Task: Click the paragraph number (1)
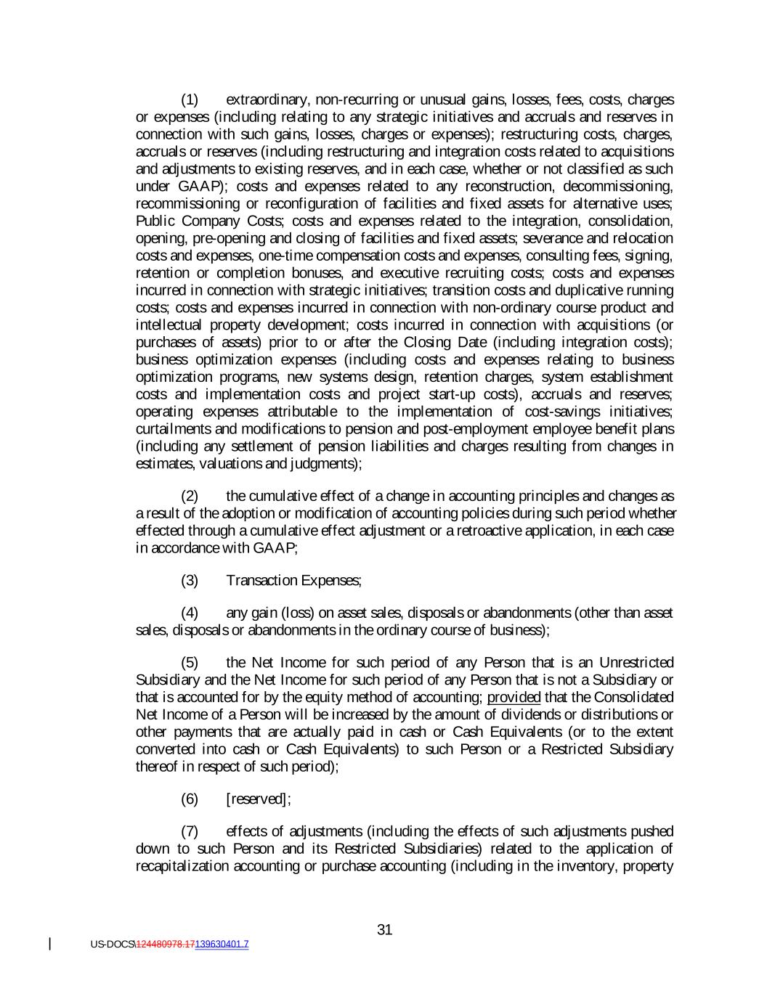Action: [x=189, y=99]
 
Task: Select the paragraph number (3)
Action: [x=189, y=580]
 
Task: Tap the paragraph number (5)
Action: [x=189, y=662]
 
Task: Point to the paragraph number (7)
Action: [x=189, y=831]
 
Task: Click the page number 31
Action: [x=385, y=930]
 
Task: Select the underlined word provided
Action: [x=514, y=697]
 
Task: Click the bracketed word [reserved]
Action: [x=258, y=799]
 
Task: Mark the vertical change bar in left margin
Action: [x=49, y=944]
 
